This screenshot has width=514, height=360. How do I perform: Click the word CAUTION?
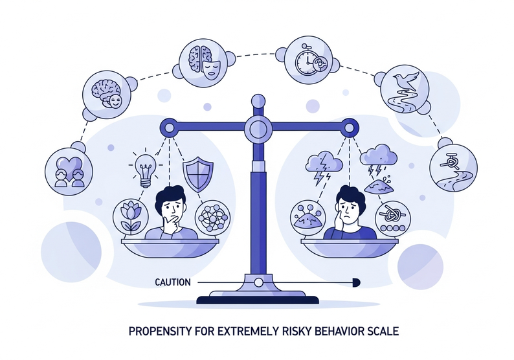tap(173, 282)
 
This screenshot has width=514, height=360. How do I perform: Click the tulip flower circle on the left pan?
tap(128, 217)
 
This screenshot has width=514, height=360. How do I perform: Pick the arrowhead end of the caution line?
tap(355, 282)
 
